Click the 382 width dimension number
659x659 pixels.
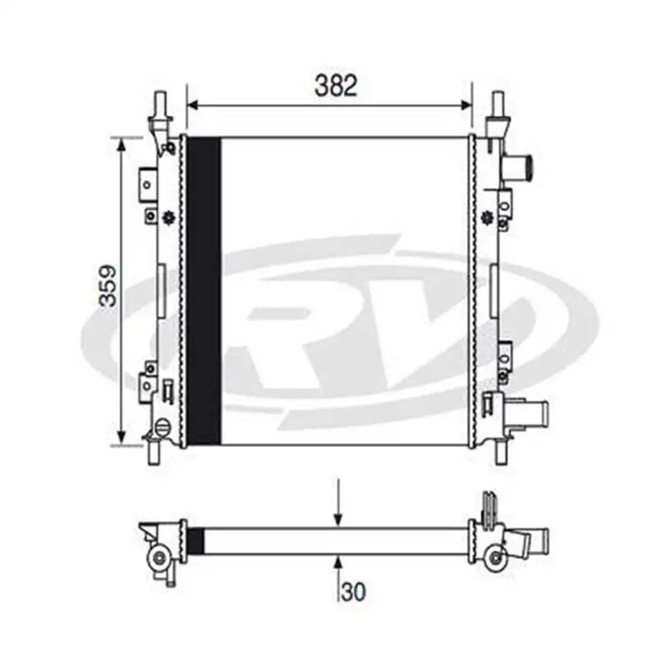(336, 85)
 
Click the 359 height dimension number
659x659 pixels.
(107, 285)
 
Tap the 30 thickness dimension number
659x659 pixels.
(353, 592)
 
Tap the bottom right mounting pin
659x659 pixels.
(501, 453)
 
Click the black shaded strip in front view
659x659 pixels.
(204, 291)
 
